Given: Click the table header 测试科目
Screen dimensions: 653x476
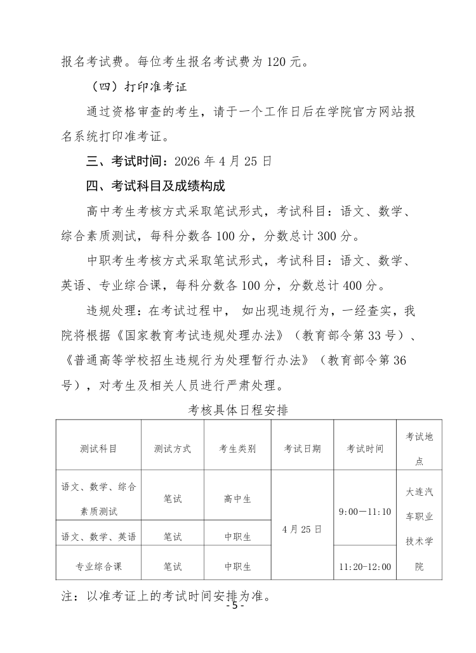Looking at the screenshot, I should [98, 448].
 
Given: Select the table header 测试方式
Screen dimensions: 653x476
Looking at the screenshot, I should [173, 448].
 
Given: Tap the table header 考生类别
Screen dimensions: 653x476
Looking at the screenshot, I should [237, 448].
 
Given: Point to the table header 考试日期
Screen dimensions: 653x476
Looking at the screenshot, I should [302, 448].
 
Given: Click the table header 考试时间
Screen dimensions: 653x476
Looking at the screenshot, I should [365, 448].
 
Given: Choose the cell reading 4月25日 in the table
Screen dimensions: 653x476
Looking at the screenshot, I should [302, 528].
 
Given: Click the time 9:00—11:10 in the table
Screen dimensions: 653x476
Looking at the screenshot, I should [365, 511].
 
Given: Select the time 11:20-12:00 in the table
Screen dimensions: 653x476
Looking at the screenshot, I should [365, 566].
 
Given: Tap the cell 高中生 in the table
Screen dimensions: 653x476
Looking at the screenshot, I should [237, 499].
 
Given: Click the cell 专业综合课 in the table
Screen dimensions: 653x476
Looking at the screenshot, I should [98, 566].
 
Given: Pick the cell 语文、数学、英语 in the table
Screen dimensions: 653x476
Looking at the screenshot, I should [98, 537].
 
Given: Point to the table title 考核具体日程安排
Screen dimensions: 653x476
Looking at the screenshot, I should [239, 410].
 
